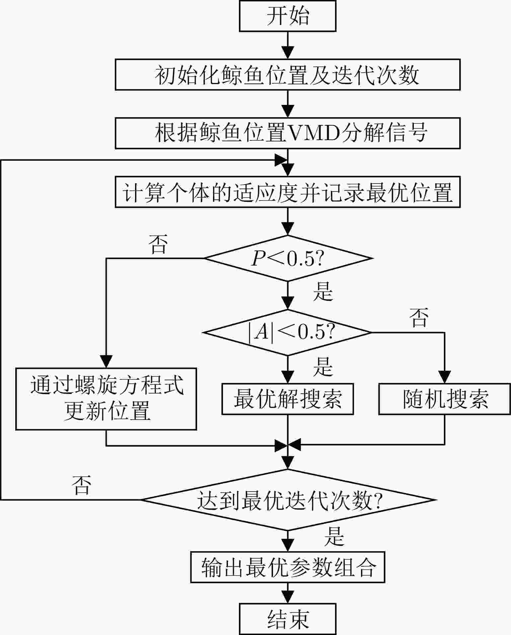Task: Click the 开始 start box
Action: coord(287,16)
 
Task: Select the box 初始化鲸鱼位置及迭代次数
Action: coord(287,75)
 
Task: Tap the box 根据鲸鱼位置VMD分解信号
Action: coord(287,133)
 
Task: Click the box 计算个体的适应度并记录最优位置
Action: coord(287,192)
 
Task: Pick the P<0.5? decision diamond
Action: coord(287,258)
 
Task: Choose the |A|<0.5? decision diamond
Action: coord(287,332)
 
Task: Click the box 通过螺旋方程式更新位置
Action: coord(106,399)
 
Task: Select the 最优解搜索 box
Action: coord(287,399)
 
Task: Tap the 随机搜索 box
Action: coord(445,399)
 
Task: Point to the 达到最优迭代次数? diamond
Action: coord(287,500)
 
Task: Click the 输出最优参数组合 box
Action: coord(287,567)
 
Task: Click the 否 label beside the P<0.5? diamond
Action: coord(158,245)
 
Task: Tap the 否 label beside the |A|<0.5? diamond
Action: coord(419,317)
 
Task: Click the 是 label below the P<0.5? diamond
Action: coord(323,292)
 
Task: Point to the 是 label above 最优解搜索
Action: coord(323,367)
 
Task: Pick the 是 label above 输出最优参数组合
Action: coord(334,536)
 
